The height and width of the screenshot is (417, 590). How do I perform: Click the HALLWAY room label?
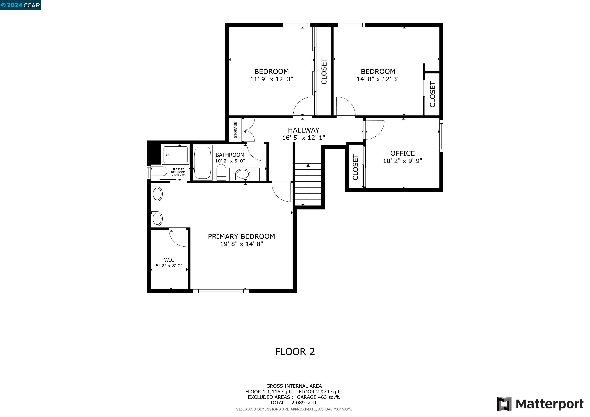[304, 130]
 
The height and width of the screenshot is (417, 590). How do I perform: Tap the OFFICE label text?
[402, 153]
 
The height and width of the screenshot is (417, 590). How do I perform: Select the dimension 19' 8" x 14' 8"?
[241, 244]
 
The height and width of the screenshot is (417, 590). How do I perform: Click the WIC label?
[169, 260]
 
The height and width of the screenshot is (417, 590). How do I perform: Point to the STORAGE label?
[235, 130]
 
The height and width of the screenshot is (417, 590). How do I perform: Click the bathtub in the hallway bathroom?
[203, 162]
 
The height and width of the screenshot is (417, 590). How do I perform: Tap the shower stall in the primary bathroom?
[175, 155]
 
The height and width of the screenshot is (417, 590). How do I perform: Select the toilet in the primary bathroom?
[159, 171]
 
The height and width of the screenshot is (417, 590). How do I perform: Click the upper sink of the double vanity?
[157, 194]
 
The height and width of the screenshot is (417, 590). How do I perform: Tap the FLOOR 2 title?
[295, 351]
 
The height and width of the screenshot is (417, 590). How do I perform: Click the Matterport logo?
[540, 404]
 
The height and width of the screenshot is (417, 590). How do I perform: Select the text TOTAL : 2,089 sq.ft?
[294, 403]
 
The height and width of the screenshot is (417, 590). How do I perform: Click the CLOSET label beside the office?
[355, 167]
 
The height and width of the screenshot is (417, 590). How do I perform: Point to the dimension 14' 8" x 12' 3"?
[378, 79]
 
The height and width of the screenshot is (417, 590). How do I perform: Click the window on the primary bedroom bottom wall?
[221, 291]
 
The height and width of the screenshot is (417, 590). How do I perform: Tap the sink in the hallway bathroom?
[243, 174]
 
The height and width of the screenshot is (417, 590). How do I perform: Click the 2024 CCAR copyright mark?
[20, 5]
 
